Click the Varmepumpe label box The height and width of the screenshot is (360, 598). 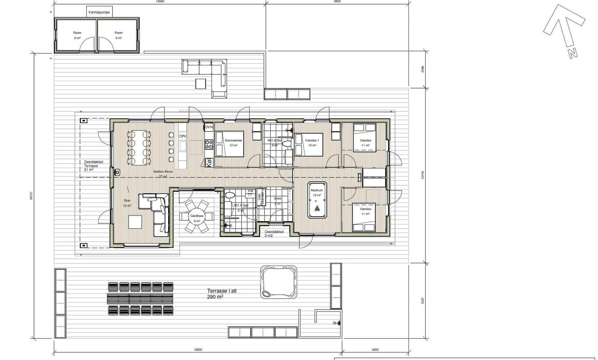click(99, 12)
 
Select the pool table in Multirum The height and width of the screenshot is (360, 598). click(317, 200)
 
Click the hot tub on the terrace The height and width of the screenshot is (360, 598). click(278, 282)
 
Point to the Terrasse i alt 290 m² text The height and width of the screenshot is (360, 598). click(221, 294)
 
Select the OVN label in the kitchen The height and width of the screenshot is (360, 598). click(209, 127)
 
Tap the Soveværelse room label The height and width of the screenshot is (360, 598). click(233, 140)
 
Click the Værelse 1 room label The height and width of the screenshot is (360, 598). click(312, 140)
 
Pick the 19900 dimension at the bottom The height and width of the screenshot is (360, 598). click(198, 350)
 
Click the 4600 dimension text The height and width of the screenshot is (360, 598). click(375, 350)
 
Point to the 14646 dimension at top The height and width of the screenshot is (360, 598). click(160, 1)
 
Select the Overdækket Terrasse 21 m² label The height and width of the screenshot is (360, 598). click(93, 166)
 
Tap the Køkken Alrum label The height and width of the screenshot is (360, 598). click(163, 172)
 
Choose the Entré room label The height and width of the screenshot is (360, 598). click(277, 199)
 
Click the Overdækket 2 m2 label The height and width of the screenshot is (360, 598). click(274, 234)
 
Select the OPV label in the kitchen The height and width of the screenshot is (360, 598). click(182, 136)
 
